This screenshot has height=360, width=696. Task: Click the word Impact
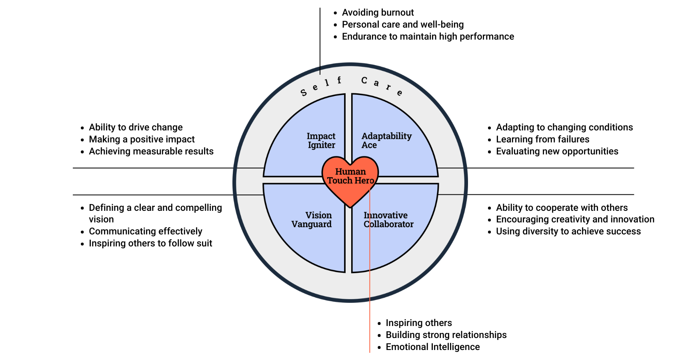(321, 136)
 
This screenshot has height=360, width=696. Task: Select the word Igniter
(321, 145)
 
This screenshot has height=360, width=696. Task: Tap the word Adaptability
(386, 136)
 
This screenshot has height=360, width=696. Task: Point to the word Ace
(369, 145)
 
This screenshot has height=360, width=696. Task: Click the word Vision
(318, 215)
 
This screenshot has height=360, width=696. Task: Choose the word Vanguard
(311, 224)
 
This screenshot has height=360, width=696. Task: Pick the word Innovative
(386, 215)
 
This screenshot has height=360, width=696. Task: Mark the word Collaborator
(388, 224)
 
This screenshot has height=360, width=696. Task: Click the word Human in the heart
(350, 172)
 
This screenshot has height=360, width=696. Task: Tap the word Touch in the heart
(339, 181)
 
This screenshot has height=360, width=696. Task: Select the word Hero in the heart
(364, 181)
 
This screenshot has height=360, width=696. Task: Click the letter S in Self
(304, 93)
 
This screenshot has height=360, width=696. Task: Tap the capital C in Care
(364, 80)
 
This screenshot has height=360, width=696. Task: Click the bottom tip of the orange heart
(350, 206)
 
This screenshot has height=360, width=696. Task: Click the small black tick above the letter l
(320, 70)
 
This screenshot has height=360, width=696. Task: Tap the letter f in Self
(339, 80)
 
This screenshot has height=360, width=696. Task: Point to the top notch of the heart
(350, 164)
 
